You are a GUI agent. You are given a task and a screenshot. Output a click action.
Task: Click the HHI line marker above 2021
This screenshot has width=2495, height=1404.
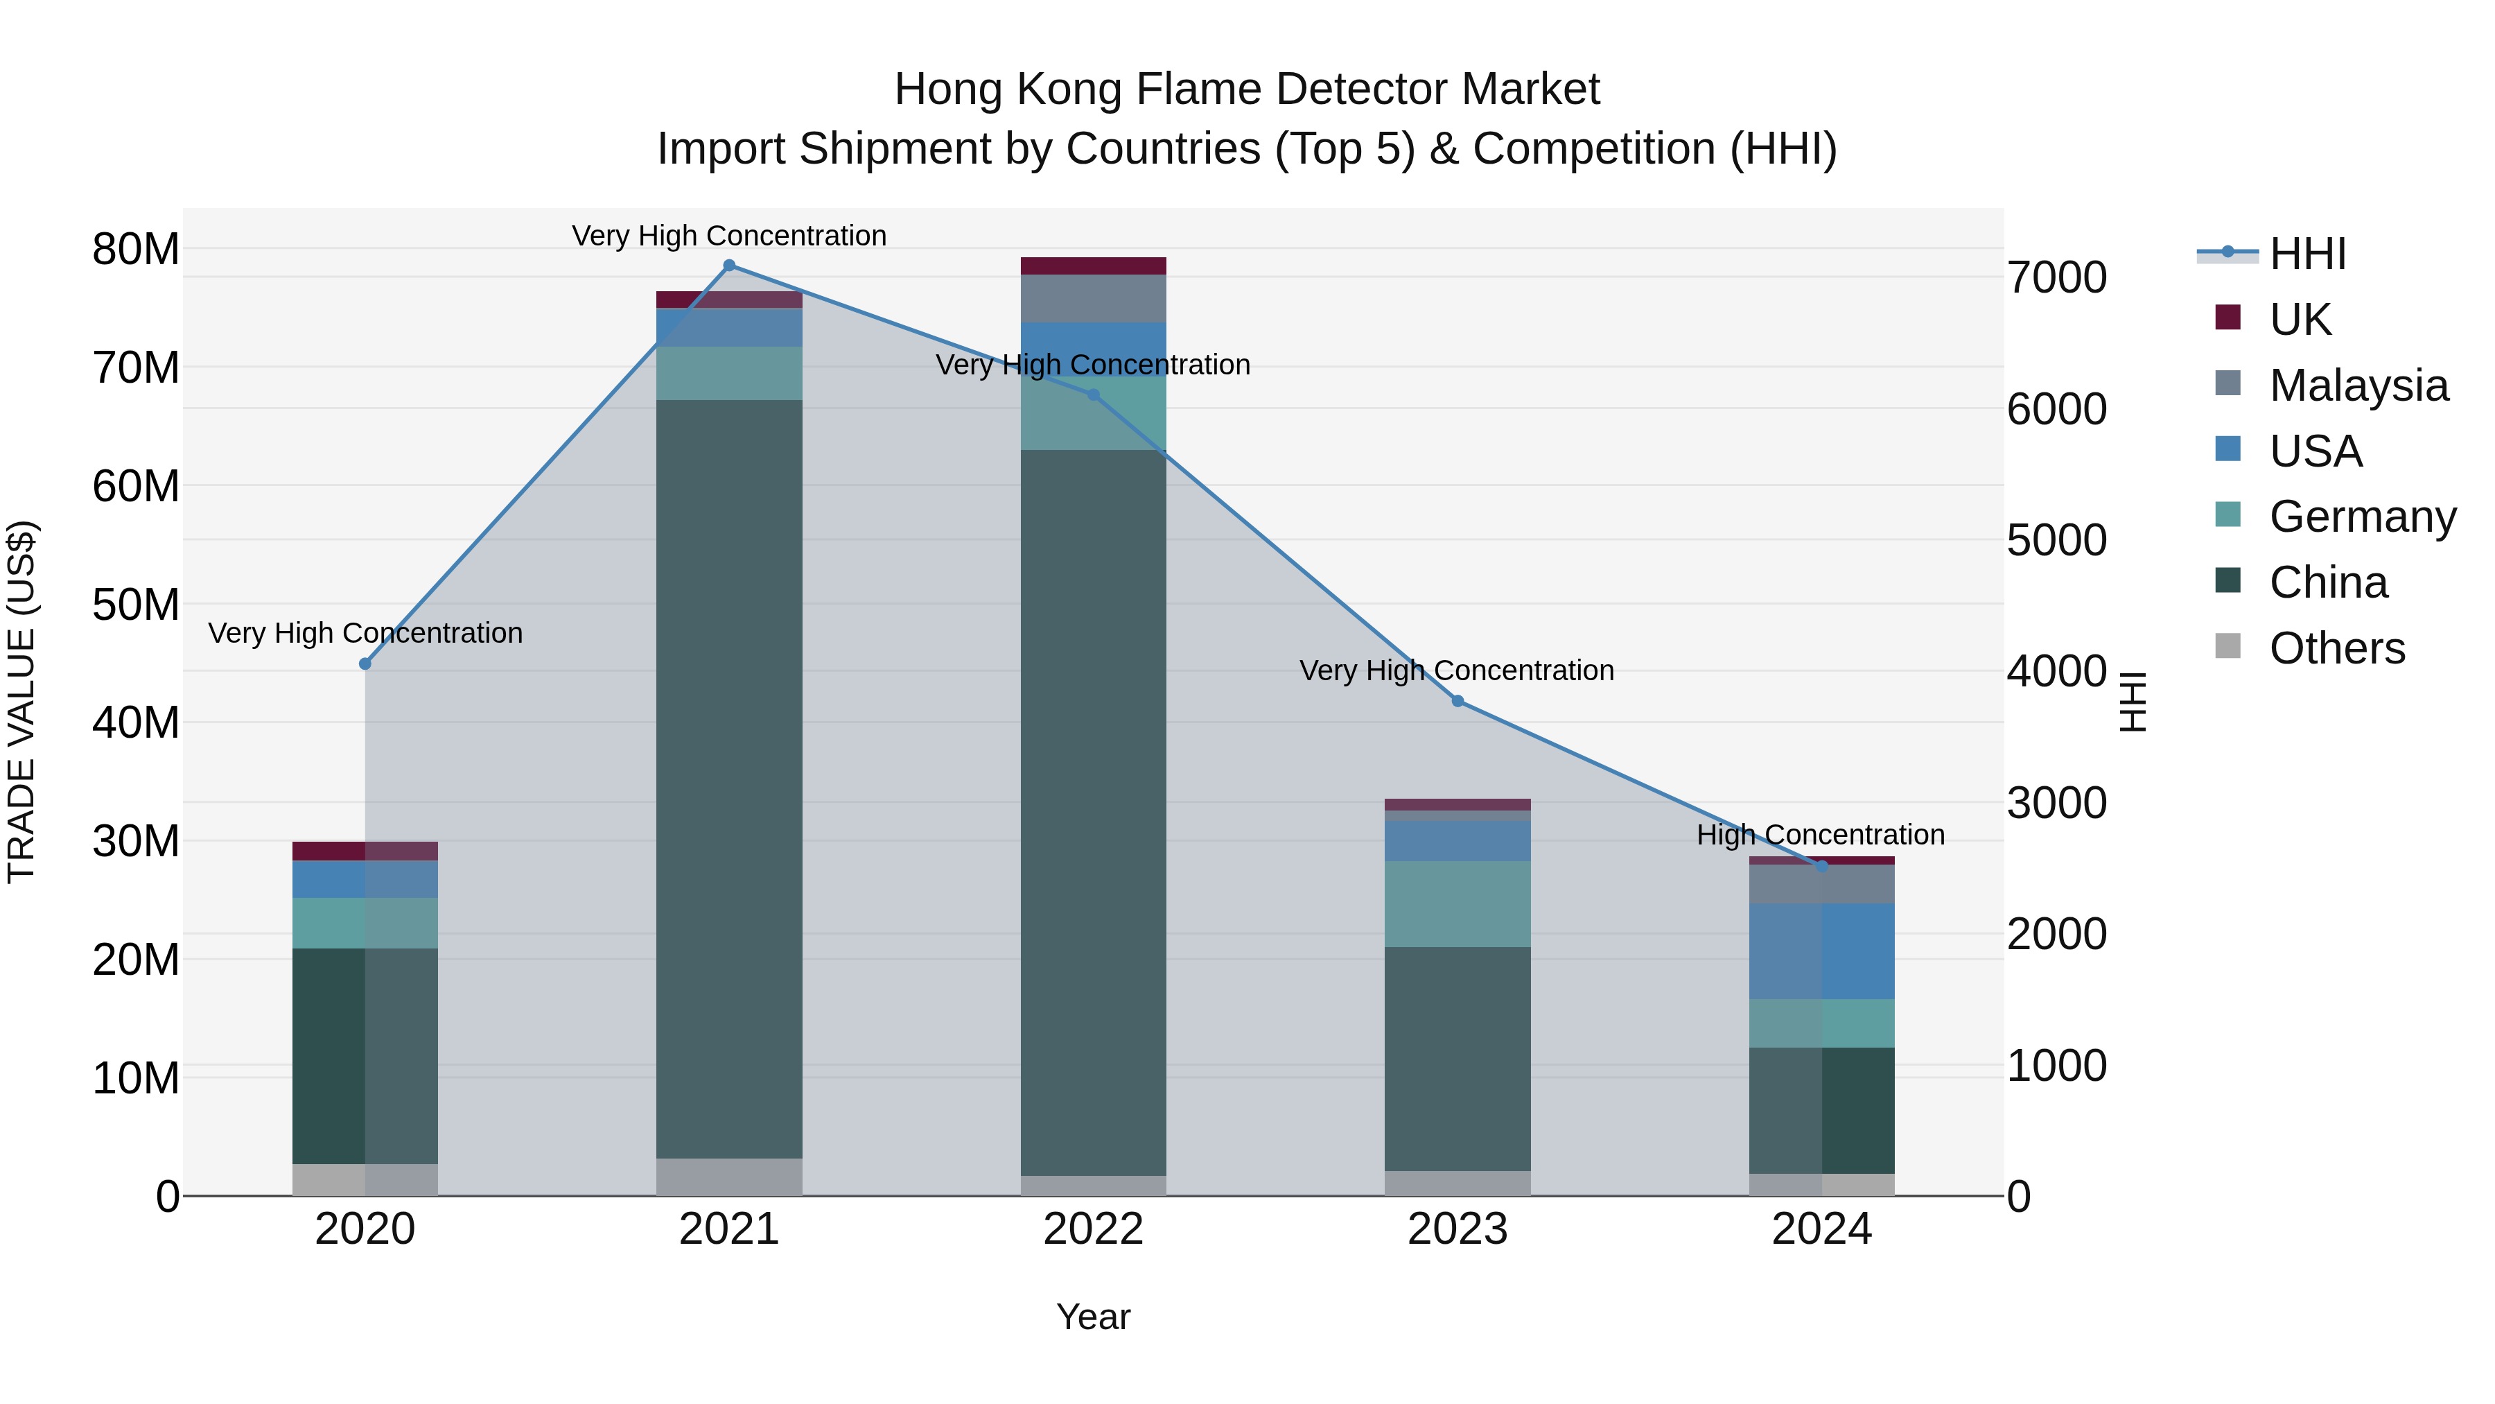coord(729,266)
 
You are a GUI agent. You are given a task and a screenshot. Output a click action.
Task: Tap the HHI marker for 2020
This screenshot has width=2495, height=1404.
coord(365,664)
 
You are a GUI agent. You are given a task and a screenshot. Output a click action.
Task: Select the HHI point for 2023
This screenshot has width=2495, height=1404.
coord(1457,700)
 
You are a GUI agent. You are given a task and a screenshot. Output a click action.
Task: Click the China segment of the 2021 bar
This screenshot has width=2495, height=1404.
coord(729,775)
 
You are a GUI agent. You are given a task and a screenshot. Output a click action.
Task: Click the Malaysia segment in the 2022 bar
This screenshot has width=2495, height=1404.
coord(1094,298)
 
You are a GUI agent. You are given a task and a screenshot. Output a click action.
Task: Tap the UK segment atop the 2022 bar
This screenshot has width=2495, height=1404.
coord(1094,266)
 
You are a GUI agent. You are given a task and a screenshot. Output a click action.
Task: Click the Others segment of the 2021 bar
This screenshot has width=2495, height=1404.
coord(729,1177)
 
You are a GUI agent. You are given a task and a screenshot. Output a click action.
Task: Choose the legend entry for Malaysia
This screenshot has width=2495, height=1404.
coord(2358,385)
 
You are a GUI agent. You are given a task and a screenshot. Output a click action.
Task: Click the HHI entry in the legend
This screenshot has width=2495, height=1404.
coord(2307,254)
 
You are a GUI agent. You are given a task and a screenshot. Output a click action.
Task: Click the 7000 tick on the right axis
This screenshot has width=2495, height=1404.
coord(2056,277)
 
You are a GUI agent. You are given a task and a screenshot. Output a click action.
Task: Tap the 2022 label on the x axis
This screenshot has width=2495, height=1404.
coord(1094,1229)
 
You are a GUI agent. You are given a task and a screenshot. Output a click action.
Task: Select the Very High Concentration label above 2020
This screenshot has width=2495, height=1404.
coord(365,633)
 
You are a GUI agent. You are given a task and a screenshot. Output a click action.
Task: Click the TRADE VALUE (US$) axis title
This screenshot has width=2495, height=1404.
coord(21,702)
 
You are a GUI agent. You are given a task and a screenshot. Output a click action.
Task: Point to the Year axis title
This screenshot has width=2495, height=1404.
coord(1094,1317)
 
